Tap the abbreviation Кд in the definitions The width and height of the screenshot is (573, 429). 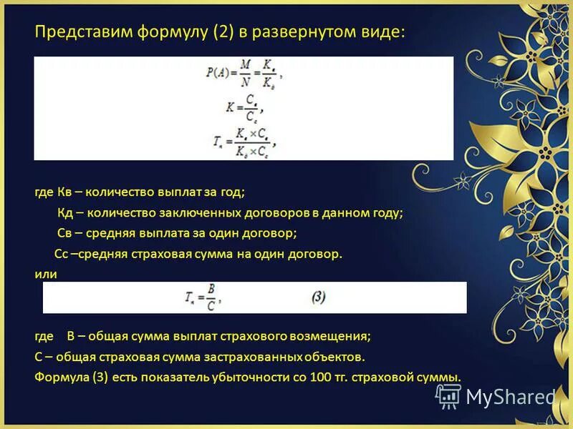coord(67,213)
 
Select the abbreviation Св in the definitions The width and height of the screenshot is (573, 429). coord(65,233)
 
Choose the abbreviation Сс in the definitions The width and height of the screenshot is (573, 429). coord(62,254)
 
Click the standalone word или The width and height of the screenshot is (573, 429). coord(46,274)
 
